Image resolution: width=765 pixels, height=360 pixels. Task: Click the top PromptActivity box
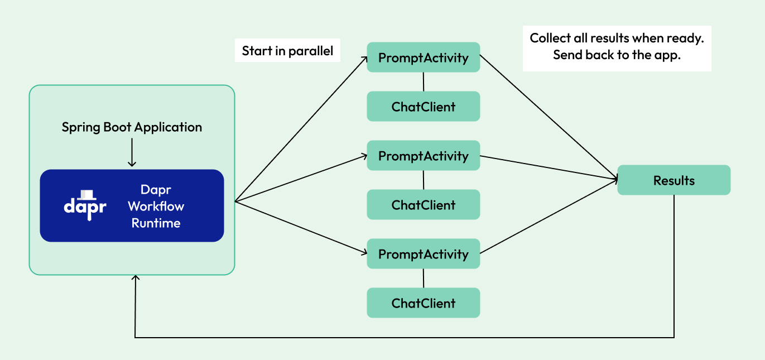[423, 57]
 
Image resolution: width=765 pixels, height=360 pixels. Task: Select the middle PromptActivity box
[423, 156]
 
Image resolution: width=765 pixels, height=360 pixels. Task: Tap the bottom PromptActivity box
[423, 254]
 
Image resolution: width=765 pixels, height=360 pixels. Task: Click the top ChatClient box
[423, 107]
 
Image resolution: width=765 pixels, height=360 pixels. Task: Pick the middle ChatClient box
[423, 205]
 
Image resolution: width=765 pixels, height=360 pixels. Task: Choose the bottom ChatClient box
[423, 303]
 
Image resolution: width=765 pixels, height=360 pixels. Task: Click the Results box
[673, 180]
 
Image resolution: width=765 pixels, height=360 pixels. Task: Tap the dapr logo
[85, 204]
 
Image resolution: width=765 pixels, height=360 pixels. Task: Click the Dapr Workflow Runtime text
[156, 207]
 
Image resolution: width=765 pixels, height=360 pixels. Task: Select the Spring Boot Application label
[132, 127]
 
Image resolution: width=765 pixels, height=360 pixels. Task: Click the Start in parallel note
[287, 51]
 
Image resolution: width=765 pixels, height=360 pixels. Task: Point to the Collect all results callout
[617, 47]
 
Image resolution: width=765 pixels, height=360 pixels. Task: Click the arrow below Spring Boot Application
[132, 152]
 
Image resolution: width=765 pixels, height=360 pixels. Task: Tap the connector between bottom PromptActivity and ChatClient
[424, 278]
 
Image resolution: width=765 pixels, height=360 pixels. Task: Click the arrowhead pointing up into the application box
[135, 277]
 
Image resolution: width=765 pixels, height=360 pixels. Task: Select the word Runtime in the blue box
[156, 223]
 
